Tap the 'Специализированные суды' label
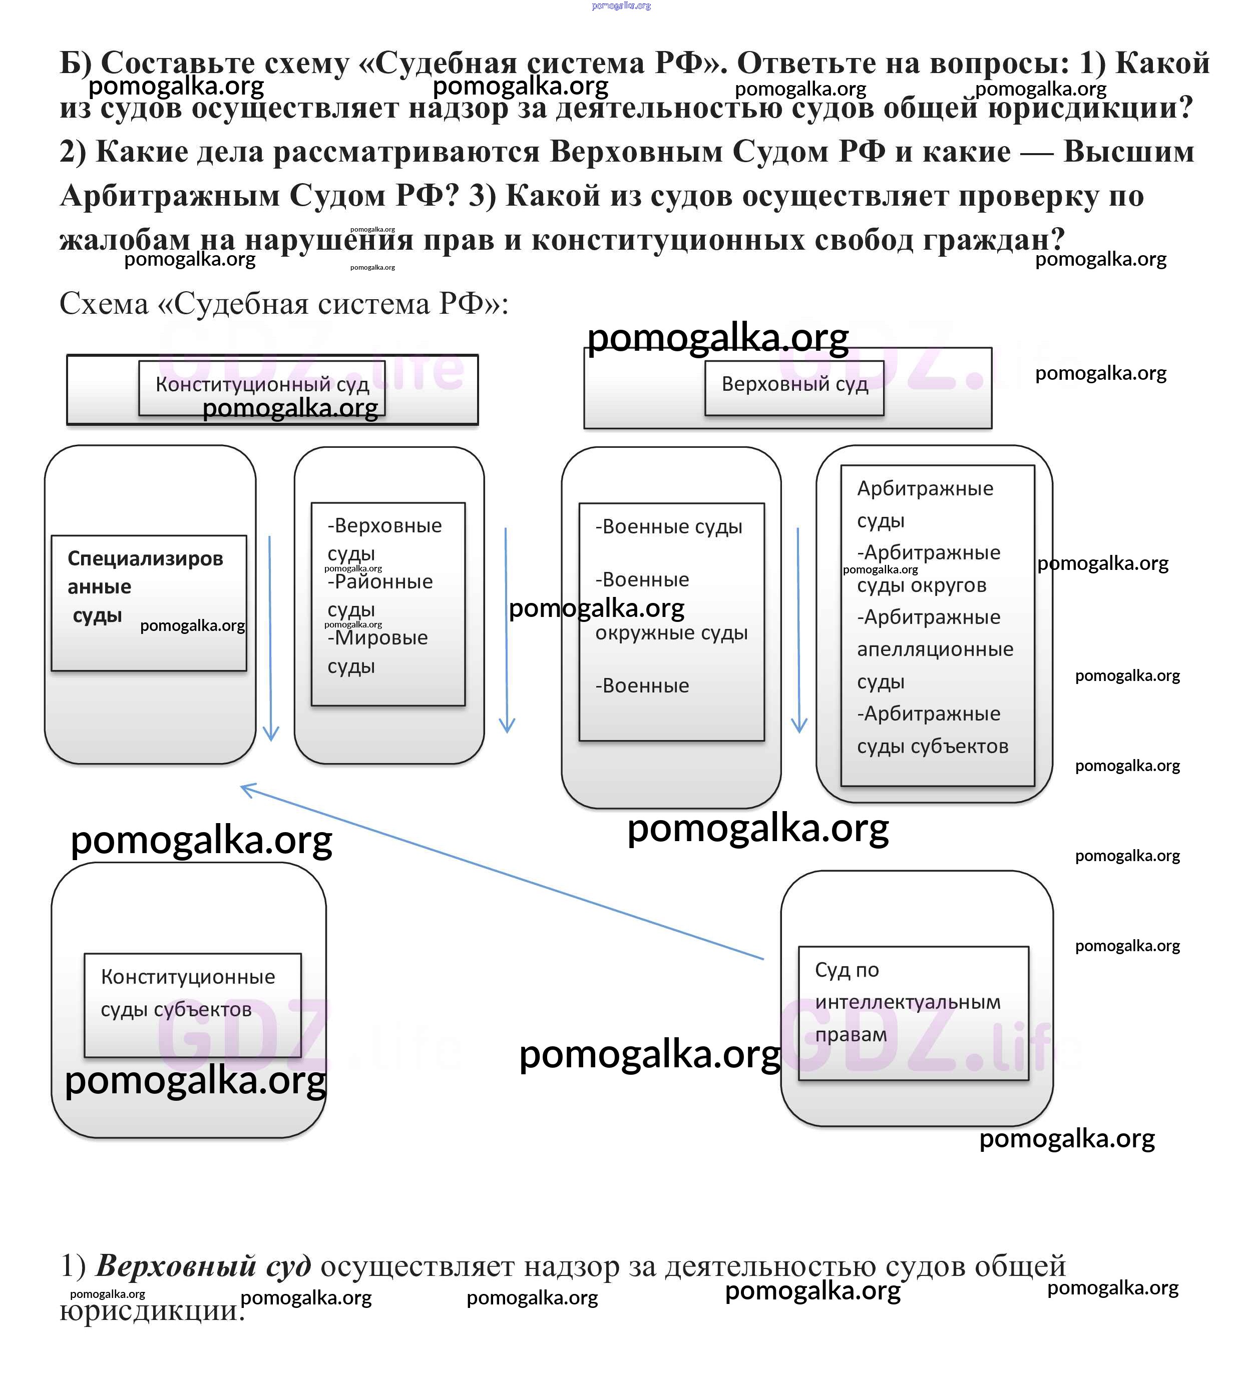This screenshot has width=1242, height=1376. (145, 587)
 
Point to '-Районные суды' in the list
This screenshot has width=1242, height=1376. (379, 595)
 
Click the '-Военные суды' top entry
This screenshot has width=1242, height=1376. (669, 527)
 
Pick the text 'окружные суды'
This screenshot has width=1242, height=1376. (671, 633)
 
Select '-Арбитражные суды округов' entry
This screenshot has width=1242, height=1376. (928, 569)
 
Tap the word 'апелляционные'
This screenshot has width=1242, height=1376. (935, 649)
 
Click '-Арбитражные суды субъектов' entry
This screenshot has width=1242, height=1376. (932, 730)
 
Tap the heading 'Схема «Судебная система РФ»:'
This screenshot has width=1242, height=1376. (284, 304)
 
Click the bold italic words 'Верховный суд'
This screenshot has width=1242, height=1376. (203, 1266)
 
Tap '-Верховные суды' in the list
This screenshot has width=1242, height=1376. (384, 539)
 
